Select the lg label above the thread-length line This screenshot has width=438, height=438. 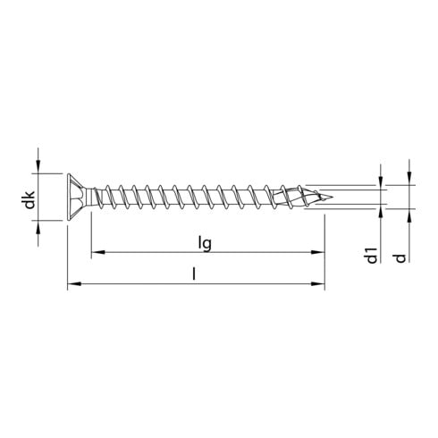[205, 241]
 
